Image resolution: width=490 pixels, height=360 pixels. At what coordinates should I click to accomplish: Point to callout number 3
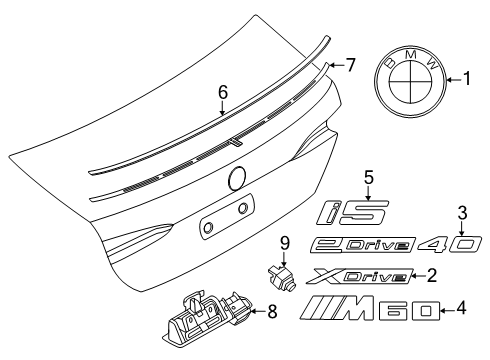[x=461, y=212]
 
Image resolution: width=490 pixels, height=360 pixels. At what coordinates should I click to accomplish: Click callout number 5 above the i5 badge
[x=367, y=177]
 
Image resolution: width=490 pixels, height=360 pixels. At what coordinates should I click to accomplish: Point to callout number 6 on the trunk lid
[x=224, y=92]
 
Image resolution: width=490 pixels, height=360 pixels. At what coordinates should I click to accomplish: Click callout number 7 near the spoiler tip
[x=349, y=66]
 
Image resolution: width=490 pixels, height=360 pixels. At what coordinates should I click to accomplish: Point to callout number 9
[x=283, y=241]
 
